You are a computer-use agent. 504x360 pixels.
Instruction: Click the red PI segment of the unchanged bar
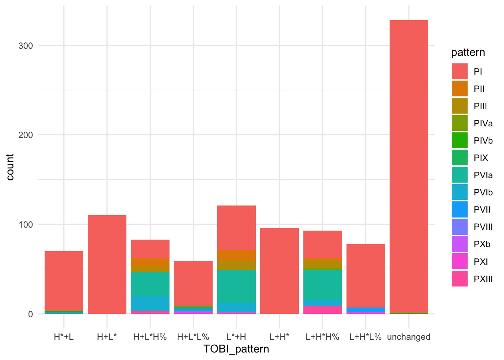point(409,165)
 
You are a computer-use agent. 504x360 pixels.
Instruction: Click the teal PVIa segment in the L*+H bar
point(236,286)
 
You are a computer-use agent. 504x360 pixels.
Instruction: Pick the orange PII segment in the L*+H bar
point(236,255)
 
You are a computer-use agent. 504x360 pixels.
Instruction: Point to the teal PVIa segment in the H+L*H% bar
point(150,284)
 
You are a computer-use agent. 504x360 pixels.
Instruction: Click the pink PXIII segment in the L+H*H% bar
point(322,310)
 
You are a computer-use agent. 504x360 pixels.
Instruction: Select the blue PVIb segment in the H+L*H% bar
point(150,303)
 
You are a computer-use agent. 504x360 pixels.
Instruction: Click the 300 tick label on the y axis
point(25,45)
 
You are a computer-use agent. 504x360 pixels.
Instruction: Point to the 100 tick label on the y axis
point(25,224)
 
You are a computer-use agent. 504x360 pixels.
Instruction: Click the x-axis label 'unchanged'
point(409,337)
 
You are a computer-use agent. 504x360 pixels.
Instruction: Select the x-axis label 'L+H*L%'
point(366,337)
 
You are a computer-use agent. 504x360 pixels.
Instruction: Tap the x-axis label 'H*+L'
point(64,337)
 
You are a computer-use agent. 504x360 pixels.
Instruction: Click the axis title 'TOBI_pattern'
point(236,349)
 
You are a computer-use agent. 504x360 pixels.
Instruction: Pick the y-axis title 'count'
point(10,167)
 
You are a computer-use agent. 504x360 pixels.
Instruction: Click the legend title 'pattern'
point(468,52)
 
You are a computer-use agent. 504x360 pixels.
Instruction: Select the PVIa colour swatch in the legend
point(460,175)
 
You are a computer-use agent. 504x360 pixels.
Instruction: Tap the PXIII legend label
point(483,279)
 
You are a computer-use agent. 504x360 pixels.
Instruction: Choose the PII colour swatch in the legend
point(460,89)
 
